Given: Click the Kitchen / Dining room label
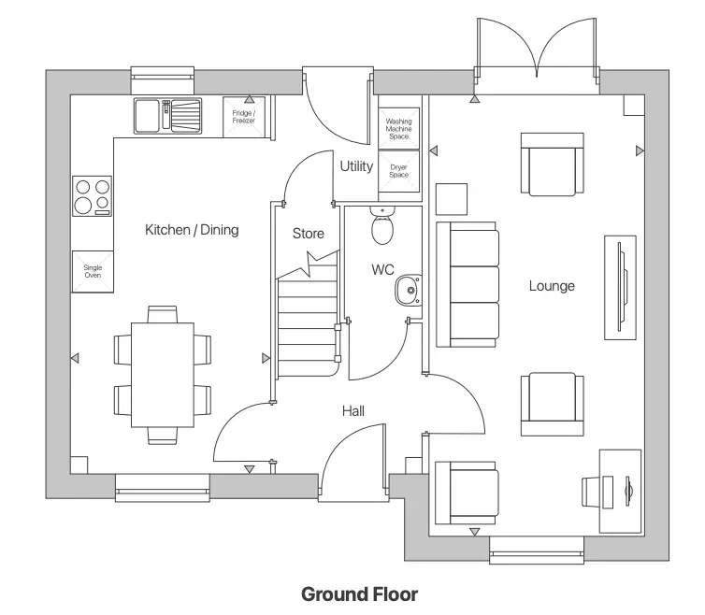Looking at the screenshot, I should coord(192,230).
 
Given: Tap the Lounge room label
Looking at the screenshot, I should coord(551,286).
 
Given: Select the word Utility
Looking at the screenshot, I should coord(356,166).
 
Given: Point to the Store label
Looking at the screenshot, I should coord(308,233).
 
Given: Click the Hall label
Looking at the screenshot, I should coord(352,410).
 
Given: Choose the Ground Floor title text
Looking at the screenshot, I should coord(359,594).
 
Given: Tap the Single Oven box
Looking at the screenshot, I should coord(93,271).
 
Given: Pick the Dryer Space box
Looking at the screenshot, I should coord(399,170).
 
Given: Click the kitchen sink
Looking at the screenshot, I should coord(168,116).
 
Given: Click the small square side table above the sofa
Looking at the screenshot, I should coord(453,199).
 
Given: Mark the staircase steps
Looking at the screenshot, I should coord(306,318).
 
